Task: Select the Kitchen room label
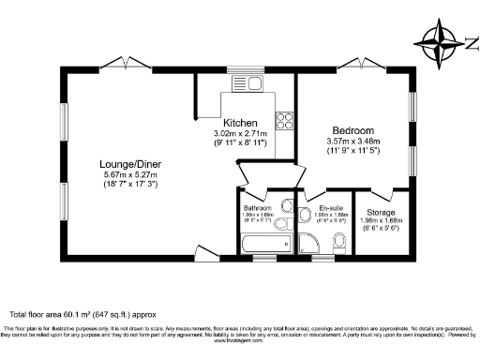[x=240, y=123]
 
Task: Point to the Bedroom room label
[x=352, y=130]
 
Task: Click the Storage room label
[x=380, y=212]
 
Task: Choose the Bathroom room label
[x=256, y=207]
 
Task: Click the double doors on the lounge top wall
[x=126, y=64]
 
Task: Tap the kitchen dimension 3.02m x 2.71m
[x=240, y=134]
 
